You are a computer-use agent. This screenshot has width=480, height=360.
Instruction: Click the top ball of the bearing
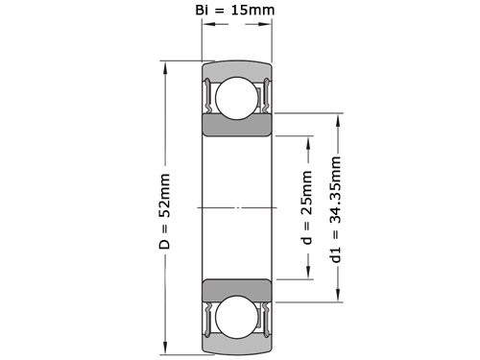(235, 98)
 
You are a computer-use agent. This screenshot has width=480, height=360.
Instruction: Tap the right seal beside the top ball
(264, 95)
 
